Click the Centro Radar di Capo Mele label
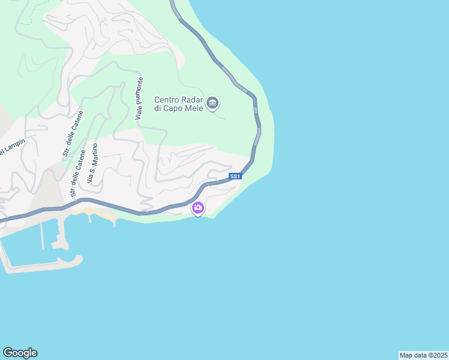click(x=179, y=104)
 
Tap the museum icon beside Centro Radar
click(x=212, y=104)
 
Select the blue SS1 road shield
click(x=235, y=176)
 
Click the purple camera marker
click(x=197, y=208)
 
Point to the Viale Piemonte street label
click(x=139, y=98)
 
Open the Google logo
click(x=20, y=353)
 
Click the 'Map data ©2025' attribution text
click(x=423, y=355)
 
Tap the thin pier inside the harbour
click(x=42, y=234)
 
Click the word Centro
click(x=167, y=100)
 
